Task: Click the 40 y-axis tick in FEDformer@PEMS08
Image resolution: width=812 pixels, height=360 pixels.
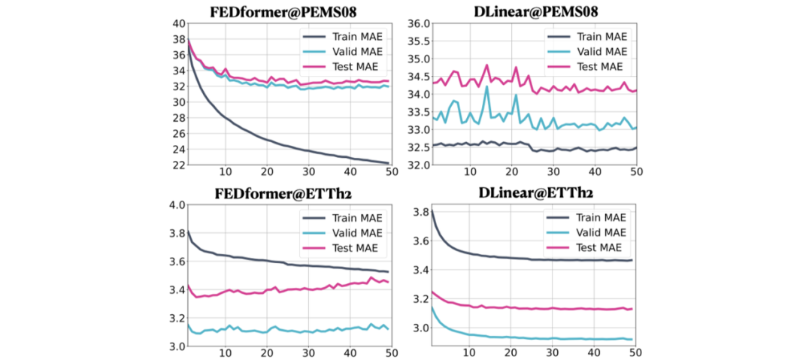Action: click(x=178, y=23)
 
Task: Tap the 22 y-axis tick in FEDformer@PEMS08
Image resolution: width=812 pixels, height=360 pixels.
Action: click(x=178, y=165)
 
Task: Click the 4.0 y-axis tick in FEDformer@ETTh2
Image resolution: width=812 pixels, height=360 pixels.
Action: click(x=176, y=205)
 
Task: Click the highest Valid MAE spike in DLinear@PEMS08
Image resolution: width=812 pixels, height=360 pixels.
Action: click(x=486, y=86)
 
